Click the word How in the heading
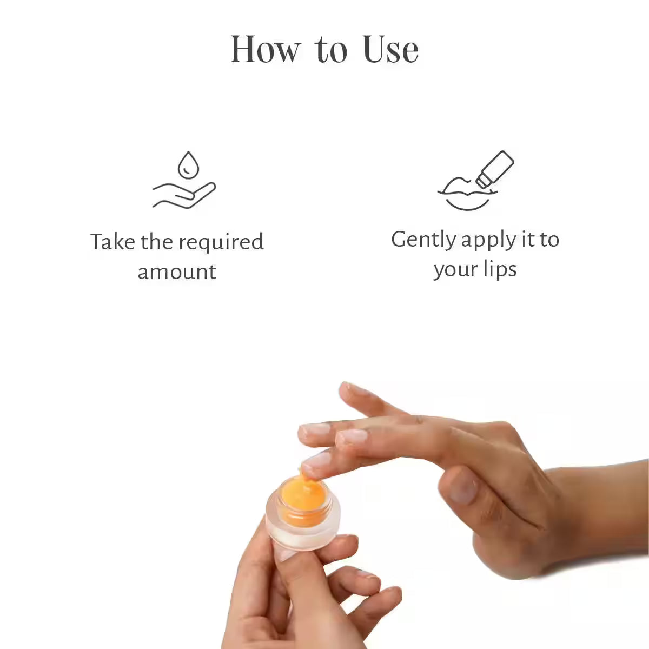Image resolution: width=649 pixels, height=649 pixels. (x=264, y=50)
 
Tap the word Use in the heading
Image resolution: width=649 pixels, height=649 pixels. (x=390, y=50)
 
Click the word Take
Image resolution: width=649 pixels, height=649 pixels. (x=112, y=242)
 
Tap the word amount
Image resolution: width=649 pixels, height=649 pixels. (x=177, y=271)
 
